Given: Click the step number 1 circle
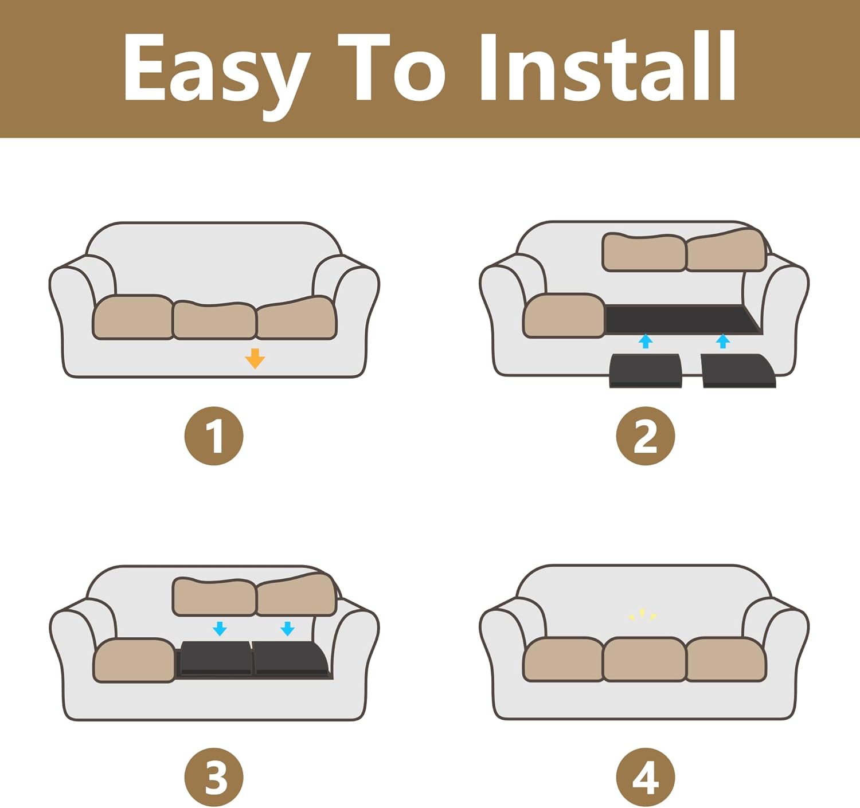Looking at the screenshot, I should [x=214, y=436].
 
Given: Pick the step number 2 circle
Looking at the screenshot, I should [x=646, y=436].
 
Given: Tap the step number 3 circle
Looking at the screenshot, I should [x=214, y=778].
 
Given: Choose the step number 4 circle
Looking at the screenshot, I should [x=646, y=778].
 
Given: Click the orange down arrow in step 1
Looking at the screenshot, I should [x=255, y=358].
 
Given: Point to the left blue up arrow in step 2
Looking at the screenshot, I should [x=646, y=342].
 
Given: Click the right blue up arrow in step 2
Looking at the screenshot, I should [x=723, y=342].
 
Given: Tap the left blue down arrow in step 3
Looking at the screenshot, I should [x=220, y=629].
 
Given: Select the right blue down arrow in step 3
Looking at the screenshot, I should [x=287, y=629].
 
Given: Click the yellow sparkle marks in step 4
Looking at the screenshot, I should [x=642, y=615].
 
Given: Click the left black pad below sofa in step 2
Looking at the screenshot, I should [x=646, y=371].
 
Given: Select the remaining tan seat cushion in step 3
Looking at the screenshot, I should [x=134, y=661].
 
